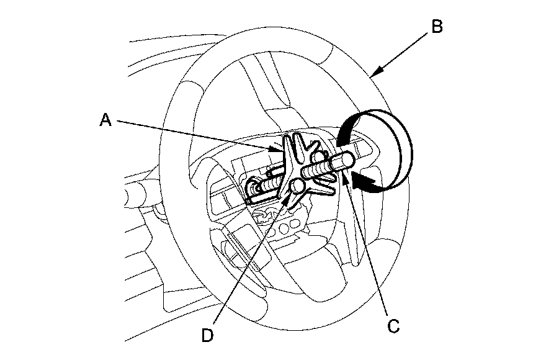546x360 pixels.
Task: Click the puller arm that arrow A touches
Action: click(287, 155)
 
